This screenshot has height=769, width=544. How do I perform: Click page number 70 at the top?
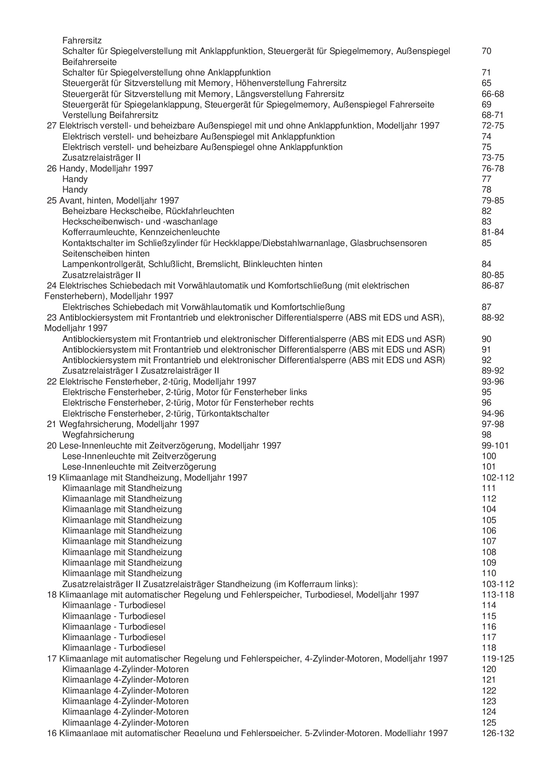[486, 51]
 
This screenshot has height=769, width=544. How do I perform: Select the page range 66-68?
[493, 94]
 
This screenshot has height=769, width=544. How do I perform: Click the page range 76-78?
[493, 168]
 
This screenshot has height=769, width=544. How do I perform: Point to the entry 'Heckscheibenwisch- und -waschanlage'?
[140, 221]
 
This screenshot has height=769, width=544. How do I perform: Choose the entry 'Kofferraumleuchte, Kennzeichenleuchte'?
[141, 232]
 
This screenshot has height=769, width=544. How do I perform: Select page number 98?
[487, 434]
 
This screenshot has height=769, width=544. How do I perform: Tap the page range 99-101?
[495, 445]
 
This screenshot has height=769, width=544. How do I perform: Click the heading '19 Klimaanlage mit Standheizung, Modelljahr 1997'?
[147, 477]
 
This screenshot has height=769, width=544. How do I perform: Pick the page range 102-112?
[497, 477]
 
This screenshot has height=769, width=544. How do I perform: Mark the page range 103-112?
[497, 584]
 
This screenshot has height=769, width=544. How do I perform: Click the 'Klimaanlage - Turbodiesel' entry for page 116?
[114, 627]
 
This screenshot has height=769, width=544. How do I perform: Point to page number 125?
[489, 723]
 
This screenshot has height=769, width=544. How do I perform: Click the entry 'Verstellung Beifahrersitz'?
[110, 115]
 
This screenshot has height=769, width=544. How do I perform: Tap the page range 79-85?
[493, 200]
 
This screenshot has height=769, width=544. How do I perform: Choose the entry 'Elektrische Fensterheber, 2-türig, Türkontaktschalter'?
[166, 413]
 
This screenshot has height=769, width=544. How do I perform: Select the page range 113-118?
[497, 595]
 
